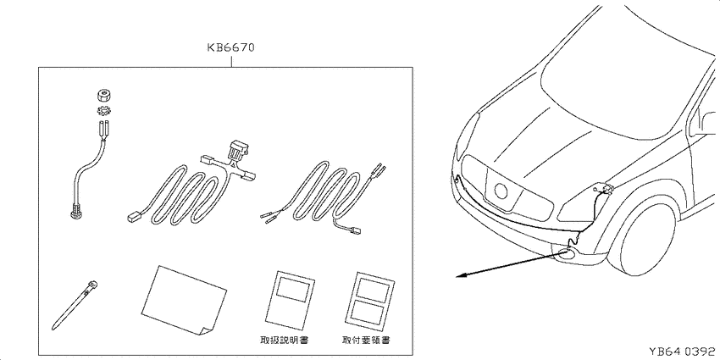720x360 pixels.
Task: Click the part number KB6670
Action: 230,47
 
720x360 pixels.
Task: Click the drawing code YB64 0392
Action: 682,352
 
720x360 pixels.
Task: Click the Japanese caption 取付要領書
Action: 368,341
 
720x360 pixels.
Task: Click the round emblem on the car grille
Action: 501,191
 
